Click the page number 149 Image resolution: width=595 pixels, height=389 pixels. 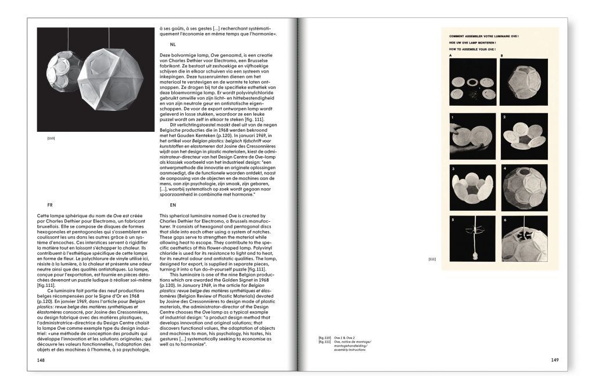[x=555, y=360]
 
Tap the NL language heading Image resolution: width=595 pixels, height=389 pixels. [x=173, y=44]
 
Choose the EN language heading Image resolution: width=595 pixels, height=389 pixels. [x=173, y=205]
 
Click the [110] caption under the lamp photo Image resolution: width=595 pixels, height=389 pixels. [x=51, y=138]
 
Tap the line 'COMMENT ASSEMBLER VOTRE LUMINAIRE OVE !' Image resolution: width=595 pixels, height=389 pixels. [x=483, y=37]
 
